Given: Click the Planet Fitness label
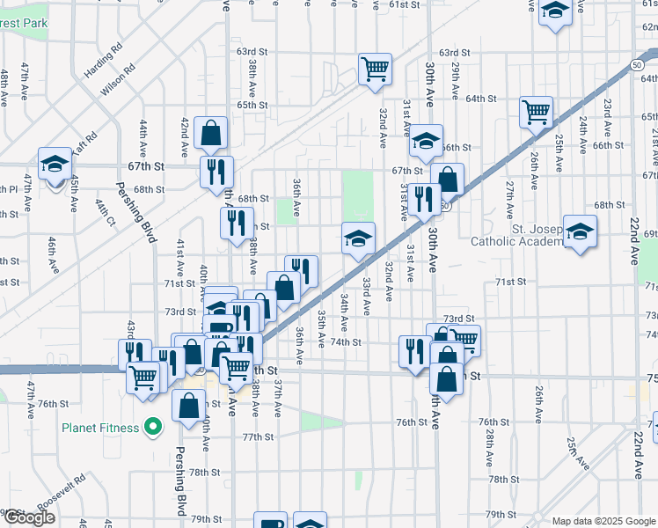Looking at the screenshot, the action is [x=100, y=429].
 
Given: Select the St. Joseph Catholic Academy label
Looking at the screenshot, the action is [x=515, y=235].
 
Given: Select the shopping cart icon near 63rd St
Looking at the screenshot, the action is [x=375, y=69].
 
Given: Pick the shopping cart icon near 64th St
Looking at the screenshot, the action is [x=536, y=112].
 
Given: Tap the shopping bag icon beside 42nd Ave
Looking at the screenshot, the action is [x=211, y=133].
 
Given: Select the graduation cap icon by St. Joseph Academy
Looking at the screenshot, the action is [x=580, y=231].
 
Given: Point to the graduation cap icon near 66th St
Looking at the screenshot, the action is [x=426, y=140].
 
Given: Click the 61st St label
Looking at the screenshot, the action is [x=405, y=5].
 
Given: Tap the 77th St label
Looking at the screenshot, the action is [x=259, y=437].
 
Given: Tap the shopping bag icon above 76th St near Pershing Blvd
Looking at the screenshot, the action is [x=189, y=406].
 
